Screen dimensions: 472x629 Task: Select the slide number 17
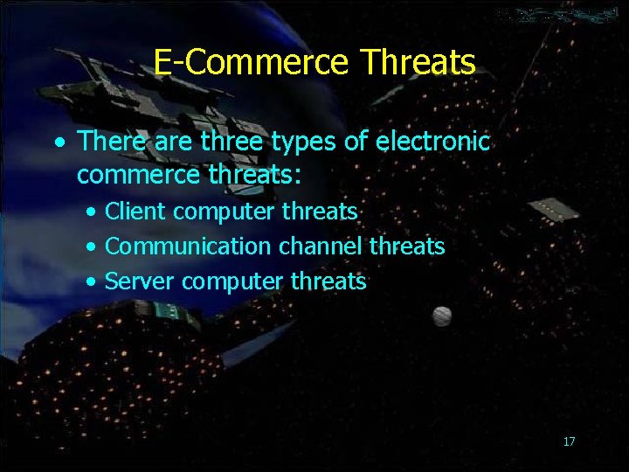click(569, 441)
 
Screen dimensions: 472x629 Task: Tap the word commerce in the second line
click(139, 175)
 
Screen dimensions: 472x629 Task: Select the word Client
click(135, 212)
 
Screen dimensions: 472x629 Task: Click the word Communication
click(188, 246)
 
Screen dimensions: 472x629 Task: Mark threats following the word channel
click(407, 246)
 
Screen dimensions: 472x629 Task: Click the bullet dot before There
click(58, 142)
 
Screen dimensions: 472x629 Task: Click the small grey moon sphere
click(442, 315)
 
